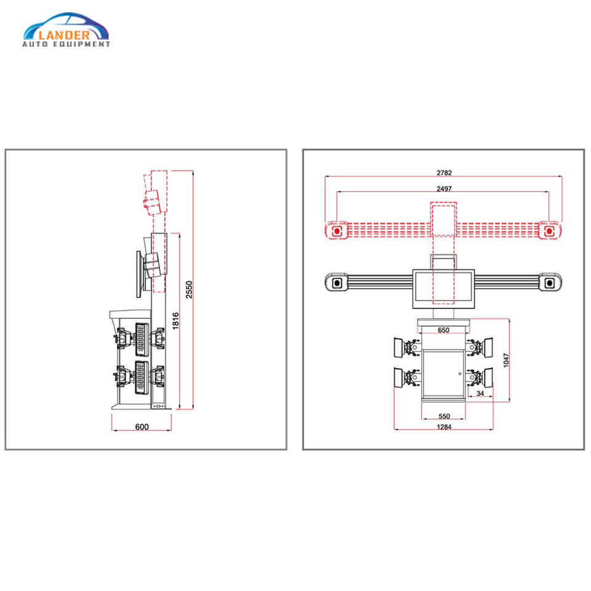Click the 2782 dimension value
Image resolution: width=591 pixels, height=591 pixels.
coord(443,172)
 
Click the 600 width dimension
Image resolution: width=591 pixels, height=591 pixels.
coord(142,427)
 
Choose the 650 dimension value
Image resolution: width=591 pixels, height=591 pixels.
coord(443,330)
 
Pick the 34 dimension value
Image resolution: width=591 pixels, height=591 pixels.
coord(480,393)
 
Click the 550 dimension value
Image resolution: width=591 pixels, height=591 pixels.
coord(443,416)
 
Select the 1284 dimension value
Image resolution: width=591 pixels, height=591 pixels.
coord(443,426)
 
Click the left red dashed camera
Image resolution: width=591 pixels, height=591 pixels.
coord(337,231)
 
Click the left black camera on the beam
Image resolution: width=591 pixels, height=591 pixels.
coord(337,283)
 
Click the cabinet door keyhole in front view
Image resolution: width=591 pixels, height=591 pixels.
coord(459,372)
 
